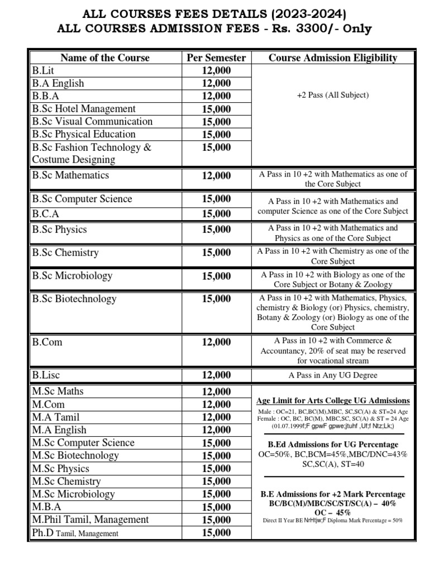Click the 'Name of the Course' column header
[x=105, y=58]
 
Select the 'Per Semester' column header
[x=216, y=58]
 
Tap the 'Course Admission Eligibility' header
[x=333, y=58]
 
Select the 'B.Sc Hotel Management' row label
[x=83, y=108]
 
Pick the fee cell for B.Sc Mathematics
[x=216, y=175]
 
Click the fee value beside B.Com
[x=216, y=342]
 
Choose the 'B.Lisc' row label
[x=46, y=375]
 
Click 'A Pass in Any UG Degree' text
[x=333, y=375]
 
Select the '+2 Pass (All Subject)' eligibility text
[x=333, y=95]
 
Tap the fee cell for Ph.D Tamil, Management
[x=216, y=533]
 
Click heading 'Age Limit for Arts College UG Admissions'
[x=333, y=401]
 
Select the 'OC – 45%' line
[x=333, y=512]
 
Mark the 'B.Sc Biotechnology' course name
[x=74, y=299]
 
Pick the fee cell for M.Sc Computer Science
[x=216, y=442]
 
